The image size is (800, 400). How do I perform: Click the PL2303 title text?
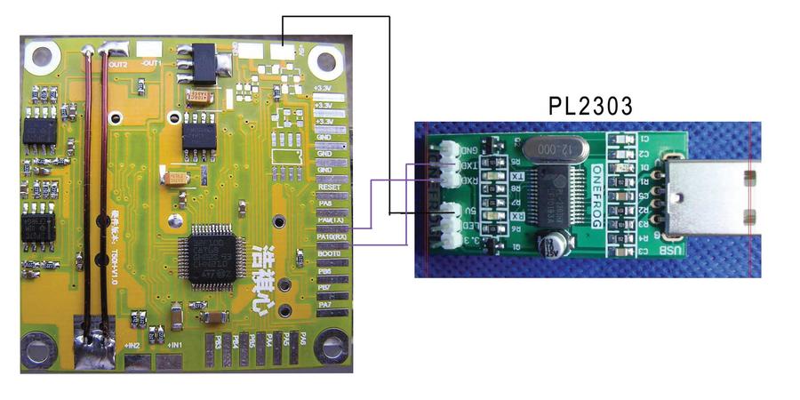coord(591,108)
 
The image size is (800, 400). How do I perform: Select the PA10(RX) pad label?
coord(332,237)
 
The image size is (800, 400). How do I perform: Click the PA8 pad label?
coord(327,204)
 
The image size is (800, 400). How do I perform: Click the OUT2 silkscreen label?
coord(118,65)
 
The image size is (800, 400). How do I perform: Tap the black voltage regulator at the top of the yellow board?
coord(199,61)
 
